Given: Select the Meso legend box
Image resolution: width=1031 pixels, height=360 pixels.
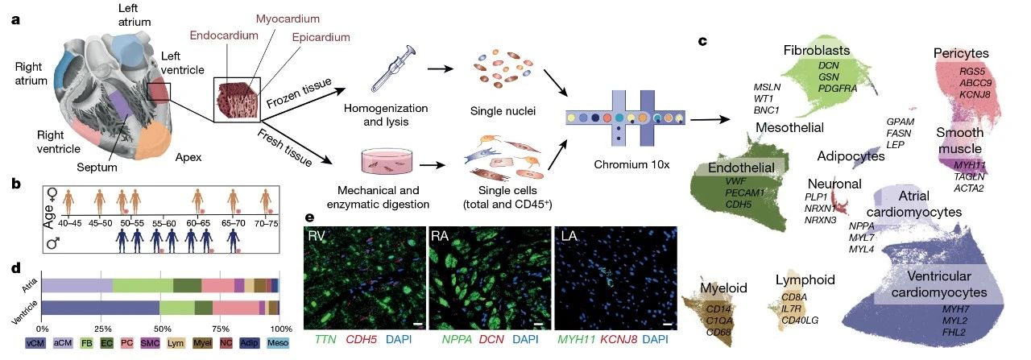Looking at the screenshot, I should [267, 343].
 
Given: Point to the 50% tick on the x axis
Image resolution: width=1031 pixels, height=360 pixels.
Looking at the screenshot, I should [160, 328].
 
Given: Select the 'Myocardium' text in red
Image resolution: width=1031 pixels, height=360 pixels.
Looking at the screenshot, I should [288, 18].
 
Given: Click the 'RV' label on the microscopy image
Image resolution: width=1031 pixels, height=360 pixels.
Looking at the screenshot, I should [317, 235].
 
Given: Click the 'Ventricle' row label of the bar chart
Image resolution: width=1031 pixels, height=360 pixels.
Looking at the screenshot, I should [25, 308].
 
